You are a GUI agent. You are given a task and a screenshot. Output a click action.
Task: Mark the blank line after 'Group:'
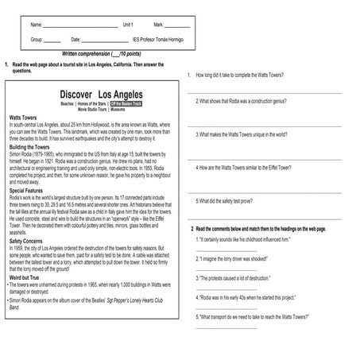click(x=52, y=40)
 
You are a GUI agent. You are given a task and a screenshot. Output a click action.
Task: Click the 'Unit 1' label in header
click(x=128, y=25)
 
